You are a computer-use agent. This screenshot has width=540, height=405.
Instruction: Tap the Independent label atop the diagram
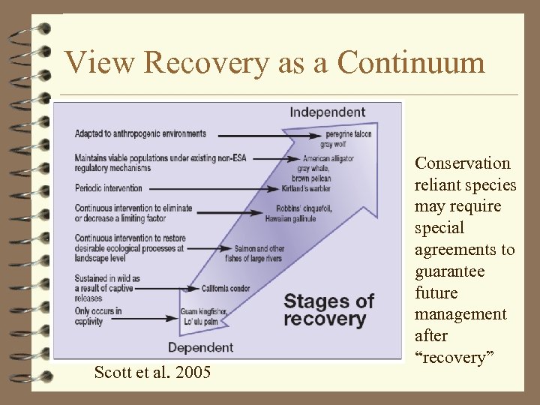[x=328, y=112]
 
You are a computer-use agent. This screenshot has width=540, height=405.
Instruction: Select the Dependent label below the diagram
[x=200, y=347]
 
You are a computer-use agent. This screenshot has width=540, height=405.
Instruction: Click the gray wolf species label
[x=336, y=142]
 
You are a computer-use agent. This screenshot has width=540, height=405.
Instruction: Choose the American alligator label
[x=328, y=159]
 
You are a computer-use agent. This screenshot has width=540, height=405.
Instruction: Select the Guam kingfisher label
[x=203, y=311]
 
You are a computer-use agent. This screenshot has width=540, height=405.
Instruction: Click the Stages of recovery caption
[x=328, y=310]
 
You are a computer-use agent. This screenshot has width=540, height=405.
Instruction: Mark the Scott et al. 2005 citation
[x=152, y=372]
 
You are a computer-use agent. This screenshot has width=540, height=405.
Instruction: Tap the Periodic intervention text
[x=109, y=187]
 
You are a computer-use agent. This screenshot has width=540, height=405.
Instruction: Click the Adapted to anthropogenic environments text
[x=140, y=133]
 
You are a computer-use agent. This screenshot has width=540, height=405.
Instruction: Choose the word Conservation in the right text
[x=463, y=163]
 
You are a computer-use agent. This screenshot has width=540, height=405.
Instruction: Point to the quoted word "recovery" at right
[x=451, y=358]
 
